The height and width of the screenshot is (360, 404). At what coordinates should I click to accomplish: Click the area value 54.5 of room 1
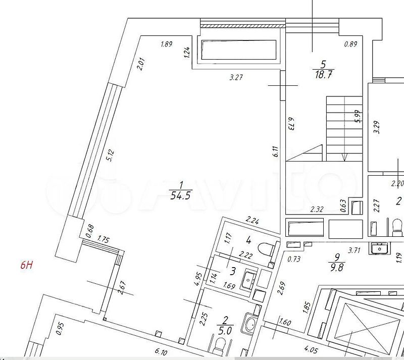click(180, 196)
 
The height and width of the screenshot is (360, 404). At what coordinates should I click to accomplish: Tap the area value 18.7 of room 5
click(323, 75)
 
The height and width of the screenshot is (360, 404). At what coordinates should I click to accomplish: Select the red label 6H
click(27, 265)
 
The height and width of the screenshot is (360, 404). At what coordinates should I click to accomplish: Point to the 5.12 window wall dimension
click(111, 156)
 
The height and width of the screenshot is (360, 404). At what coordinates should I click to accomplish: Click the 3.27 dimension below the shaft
click(236, 77)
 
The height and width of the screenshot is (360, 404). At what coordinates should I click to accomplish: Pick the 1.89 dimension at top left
click(167, 44)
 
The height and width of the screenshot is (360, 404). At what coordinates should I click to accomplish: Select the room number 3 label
click(233, 271)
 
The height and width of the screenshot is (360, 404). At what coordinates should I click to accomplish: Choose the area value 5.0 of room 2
click(225, 331)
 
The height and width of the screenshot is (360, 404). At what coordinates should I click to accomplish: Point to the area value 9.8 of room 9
click(337, 267)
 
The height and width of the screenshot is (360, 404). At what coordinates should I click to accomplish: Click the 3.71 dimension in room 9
click(354, 250)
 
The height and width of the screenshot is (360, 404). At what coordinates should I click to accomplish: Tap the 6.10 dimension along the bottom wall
click(162, 351)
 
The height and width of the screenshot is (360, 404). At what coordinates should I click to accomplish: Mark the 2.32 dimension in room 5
click(317, 209)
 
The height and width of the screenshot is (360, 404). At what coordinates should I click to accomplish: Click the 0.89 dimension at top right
click(350, 44)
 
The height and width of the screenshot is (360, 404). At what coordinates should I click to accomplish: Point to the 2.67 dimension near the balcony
click(122, 288)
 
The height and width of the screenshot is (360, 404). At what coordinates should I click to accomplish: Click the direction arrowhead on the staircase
click(344, 157)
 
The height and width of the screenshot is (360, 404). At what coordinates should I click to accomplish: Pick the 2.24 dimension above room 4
click(252, 220)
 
